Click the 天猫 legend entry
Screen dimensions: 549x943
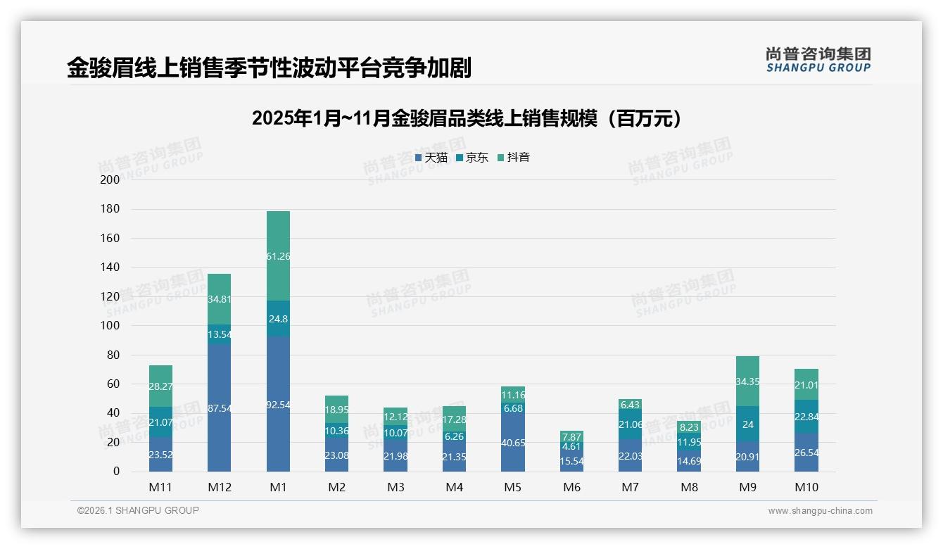(x=431, y=158)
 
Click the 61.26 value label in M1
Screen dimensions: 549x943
(x=278, y=257)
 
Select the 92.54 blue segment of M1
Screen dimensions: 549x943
(x=278, y=404)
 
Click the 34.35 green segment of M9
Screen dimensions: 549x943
(x=749, y=381)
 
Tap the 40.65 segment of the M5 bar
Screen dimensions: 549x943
(x=513, y=443)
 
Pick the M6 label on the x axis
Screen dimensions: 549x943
(x=572, y=487)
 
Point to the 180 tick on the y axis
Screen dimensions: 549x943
(x=110, y=209)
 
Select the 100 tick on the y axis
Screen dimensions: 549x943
(x=110, y=326)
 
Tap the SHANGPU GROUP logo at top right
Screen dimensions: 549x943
(x=818, y=60)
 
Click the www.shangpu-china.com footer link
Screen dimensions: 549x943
(x=820, y=511)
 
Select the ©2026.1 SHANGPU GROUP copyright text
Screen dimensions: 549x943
(x=138, y=510)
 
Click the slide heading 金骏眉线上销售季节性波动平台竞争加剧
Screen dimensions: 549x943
(x=269, y=68)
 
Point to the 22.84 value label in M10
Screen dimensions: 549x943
(x=806, y=417)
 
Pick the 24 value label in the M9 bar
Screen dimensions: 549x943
(x=748, y=425)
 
